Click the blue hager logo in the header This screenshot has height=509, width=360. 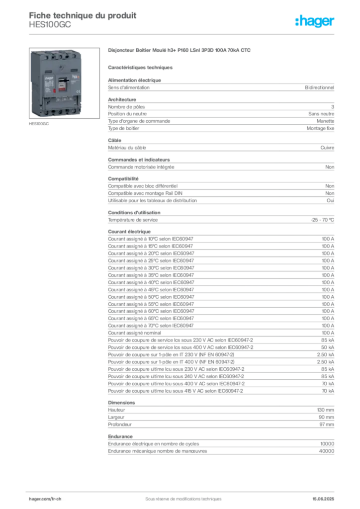point(315,21)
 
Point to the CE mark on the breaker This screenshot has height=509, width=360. point(78,91)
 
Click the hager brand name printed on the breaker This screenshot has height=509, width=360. point(49,79)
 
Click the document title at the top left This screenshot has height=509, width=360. point(82,13)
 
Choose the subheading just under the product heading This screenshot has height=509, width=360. point(141,67)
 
